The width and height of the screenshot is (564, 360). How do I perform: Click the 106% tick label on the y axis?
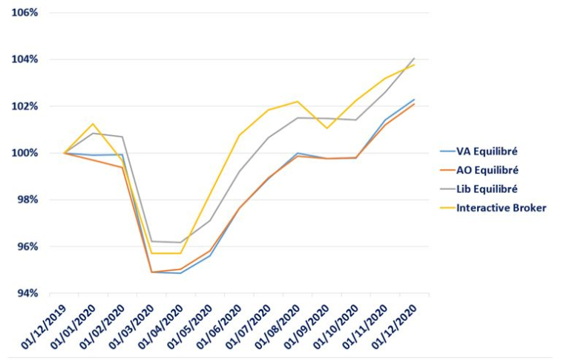(24, 13)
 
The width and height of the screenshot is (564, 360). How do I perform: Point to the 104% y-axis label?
(24, 59)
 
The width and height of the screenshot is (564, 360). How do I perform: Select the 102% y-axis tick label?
(24, 106)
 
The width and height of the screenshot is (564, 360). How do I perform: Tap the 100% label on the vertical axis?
(24, 153)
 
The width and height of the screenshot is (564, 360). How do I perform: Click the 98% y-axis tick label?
(26, 200)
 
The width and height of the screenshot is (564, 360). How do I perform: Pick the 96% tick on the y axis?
(26, 246)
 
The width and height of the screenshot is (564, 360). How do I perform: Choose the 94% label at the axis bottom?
(26, 293)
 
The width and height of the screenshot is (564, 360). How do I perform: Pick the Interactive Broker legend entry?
(502, 208)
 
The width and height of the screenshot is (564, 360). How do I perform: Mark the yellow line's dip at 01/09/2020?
(327, 128)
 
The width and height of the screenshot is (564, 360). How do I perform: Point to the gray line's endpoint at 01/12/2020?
(414, 58)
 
